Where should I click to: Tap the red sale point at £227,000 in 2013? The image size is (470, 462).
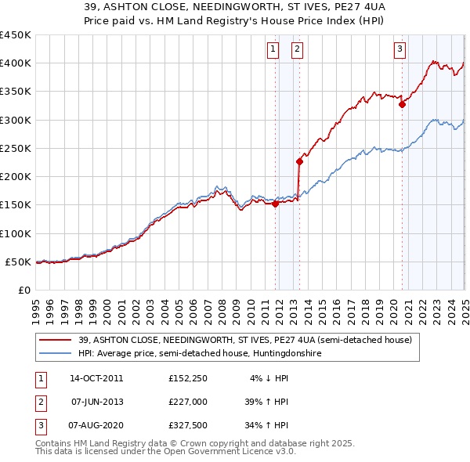click(x=299, y=162)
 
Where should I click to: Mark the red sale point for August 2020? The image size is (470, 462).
click(x=402, y=103)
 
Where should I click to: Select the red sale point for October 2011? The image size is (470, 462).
click(x=276, y=204)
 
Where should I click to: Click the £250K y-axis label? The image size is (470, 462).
click(x=17, y=148)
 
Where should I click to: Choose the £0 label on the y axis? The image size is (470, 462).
click(x=23, y=290)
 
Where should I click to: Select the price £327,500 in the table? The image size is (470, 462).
click(x=188, y=426)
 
